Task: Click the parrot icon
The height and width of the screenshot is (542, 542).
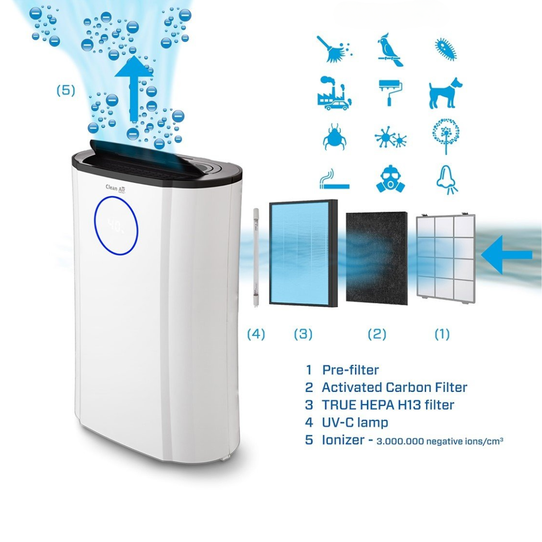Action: click(391, 50)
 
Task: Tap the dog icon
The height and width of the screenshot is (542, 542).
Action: click(446, 93)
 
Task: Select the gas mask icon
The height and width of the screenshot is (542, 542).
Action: click(390, 179)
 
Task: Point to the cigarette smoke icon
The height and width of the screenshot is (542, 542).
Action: click(334, 179)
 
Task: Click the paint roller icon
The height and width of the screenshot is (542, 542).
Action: click(391, 93)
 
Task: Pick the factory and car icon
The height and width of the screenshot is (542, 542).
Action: click(334, 93)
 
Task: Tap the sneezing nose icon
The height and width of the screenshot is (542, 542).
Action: click(447, 180)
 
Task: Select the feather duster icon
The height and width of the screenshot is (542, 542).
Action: click(334, 50)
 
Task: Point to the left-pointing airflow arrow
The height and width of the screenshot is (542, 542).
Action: click(506, 255)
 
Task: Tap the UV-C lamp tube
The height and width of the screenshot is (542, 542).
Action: click(256, 257)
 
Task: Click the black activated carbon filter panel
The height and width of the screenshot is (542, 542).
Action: click(376, 258)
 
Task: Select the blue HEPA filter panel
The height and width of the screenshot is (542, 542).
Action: click(304, 253)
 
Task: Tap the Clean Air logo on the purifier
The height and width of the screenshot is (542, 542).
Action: click(115, 188)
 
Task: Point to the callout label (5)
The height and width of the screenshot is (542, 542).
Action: click(66, 90)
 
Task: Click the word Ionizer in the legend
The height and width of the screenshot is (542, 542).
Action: click(343, 440)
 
